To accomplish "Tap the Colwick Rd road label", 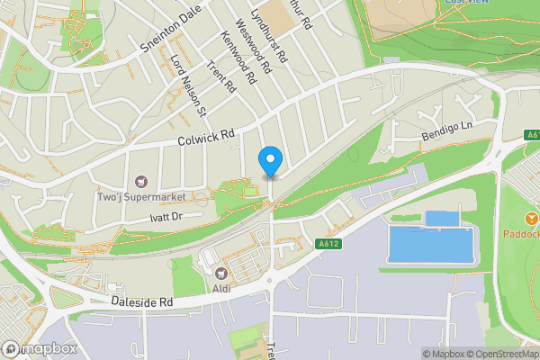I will coord(206,137).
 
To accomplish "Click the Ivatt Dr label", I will coord(166,217).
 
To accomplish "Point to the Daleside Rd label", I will coord(141,303).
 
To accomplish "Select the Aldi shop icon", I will coord(220,272).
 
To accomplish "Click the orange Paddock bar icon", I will coord(531,219).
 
